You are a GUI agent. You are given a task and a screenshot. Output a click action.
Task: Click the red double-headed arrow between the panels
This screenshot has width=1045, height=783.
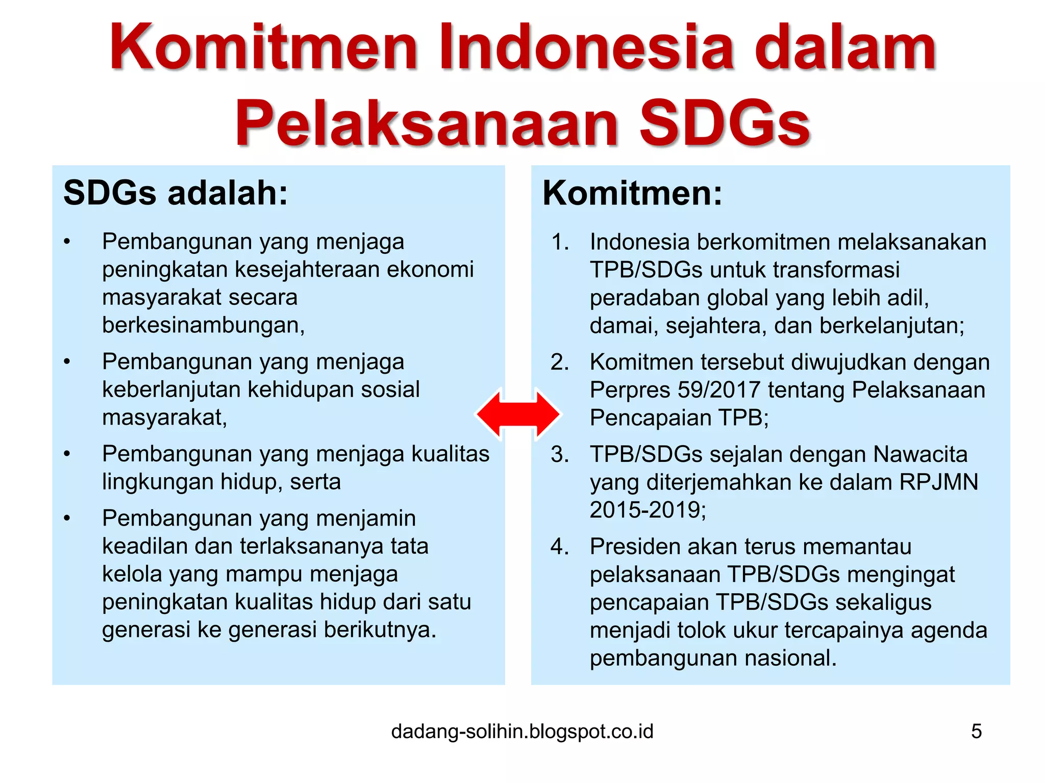coord(518,414)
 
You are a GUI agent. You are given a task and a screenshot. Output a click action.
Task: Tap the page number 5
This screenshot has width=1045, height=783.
coord(976,731)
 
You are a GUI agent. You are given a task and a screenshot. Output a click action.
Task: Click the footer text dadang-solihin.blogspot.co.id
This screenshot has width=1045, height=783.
coord(522,731)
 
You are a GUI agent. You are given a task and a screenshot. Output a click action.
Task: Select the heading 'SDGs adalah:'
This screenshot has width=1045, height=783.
coord(176,193)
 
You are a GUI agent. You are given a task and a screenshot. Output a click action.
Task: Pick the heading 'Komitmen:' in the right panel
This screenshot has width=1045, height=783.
coord(632,193)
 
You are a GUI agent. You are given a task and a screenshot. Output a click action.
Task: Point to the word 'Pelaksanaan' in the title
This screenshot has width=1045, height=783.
coord(429,124)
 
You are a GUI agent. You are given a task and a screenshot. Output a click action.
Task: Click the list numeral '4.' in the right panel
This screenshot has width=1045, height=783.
coord(560,546)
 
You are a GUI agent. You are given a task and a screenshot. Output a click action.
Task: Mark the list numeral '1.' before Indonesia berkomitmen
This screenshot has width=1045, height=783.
coord(560,242)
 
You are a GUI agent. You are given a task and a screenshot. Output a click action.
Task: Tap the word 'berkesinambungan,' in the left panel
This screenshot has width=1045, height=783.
coord(203,325)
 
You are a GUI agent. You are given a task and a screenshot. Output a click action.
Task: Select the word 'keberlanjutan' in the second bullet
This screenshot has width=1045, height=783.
coord(171,389)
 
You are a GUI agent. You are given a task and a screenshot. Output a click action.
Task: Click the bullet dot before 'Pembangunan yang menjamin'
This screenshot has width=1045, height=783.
coord(67,518)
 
